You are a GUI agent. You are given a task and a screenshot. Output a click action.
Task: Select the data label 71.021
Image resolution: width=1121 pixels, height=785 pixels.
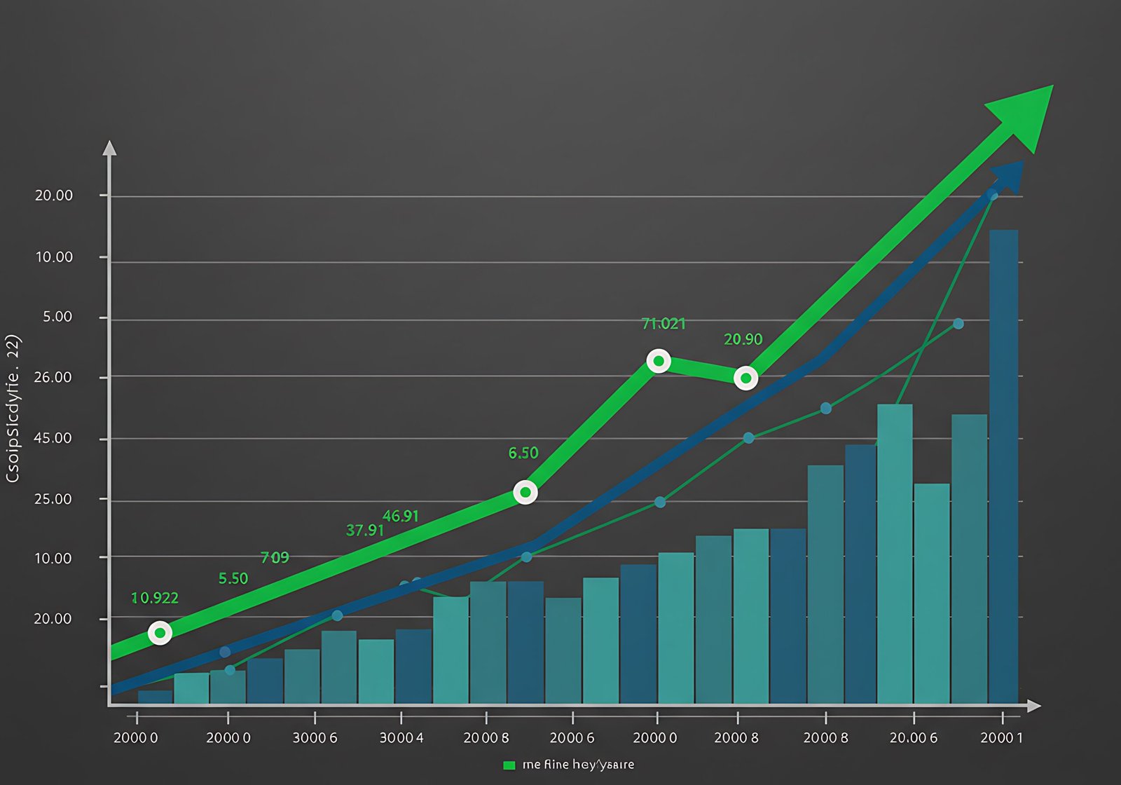pyautogui.click(x=663, y=324)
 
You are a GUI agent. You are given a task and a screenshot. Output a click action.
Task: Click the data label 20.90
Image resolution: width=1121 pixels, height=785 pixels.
pyautogui.click(x=743, y=339)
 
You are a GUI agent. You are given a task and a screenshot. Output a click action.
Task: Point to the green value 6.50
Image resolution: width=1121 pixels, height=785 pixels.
pyautogui.click(x=523, y=453)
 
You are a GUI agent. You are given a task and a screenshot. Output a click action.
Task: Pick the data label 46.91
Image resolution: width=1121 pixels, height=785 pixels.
pyautogui.click(x=401, y=516)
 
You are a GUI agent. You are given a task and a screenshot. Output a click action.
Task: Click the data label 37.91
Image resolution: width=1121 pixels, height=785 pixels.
pyautogui.click(x=365, y=530)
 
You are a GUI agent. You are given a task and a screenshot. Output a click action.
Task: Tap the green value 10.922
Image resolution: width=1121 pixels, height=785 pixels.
pyautogui.click(x=155, y=598)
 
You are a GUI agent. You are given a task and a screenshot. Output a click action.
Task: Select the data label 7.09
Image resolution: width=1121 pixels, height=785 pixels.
pyautogui.click(x=275, y=557)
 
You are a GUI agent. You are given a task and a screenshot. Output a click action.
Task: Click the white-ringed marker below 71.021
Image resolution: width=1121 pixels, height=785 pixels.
pyautogui.click(x=659, y=361)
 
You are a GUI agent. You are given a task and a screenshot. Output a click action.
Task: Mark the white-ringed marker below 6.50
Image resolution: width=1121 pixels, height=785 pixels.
pyautogui.click(x=525, y=492)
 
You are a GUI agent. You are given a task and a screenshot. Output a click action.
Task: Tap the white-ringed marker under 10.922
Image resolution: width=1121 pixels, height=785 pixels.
pyautogui.click(x=160, y=633)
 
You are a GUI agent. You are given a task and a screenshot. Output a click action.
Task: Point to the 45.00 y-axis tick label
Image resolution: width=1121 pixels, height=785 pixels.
pyautogui.click(x=53, y=438)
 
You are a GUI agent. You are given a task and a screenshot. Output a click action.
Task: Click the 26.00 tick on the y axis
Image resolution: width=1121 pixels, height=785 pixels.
pyautogui.click(x=53, y=377)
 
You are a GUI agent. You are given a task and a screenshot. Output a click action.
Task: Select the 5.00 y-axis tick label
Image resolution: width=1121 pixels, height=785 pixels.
pyautogui.click(x=57, y=317)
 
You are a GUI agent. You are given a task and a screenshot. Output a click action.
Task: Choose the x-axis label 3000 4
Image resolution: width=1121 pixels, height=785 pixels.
pyautogui.click(x=401, y=737)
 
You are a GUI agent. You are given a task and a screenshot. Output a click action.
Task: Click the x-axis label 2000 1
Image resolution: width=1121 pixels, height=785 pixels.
pyautogui.click(x=1001, y=737)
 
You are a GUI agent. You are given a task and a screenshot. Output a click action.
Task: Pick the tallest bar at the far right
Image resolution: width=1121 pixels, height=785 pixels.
pyautogui.click(x=1003, y=466)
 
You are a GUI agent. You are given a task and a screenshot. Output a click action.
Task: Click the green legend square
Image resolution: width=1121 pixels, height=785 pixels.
pyautogui.click(x=509, y=765)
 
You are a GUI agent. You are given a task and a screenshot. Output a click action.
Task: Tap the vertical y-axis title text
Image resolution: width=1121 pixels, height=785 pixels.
pyautogui.click(x=13, y=409)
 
